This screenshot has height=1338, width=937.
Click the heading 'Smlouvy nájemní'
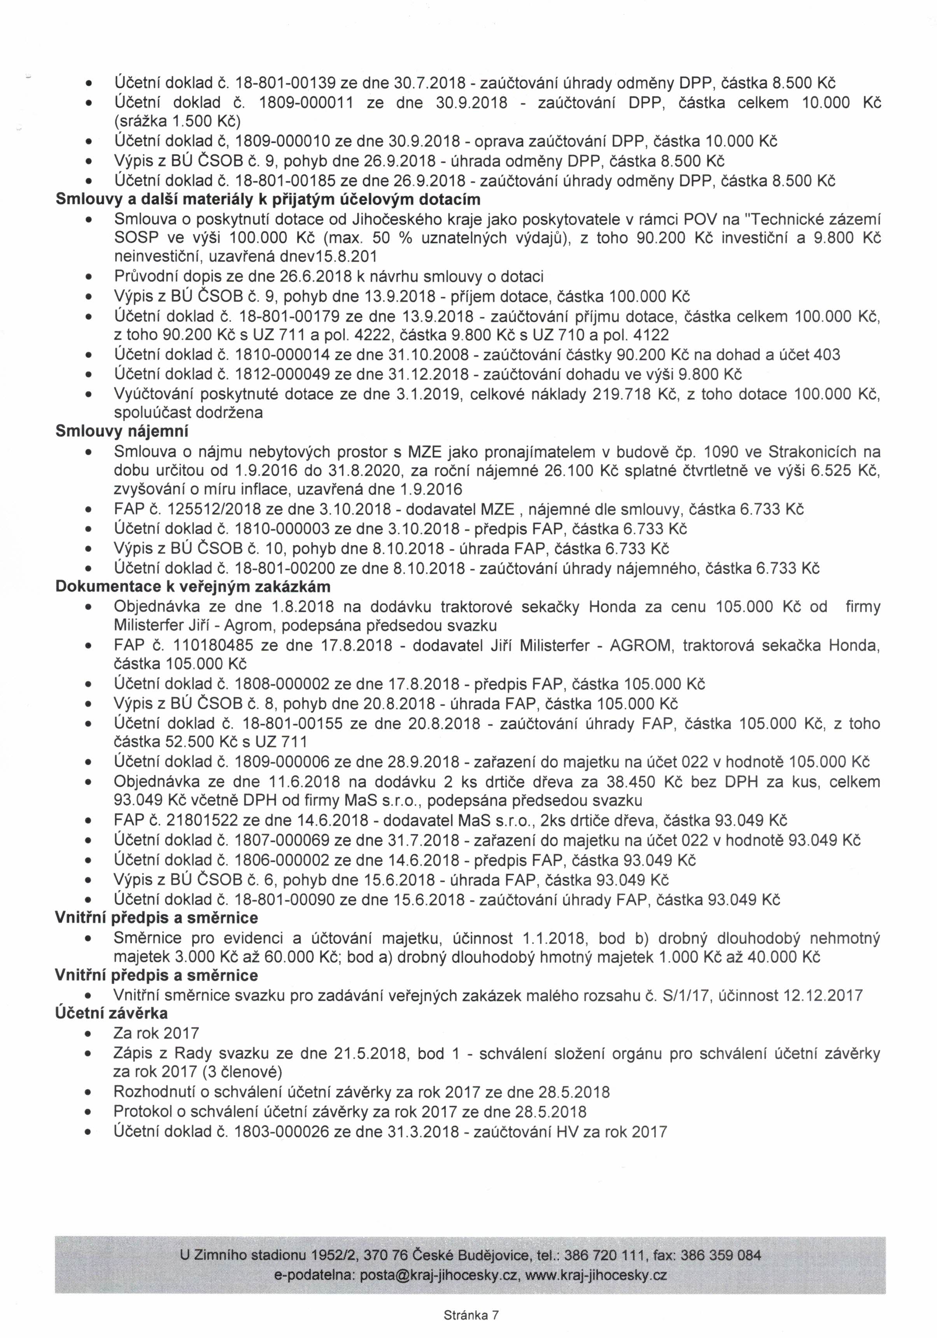(122, 431)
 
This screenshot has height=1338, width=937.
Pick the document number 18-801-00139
(284, 83)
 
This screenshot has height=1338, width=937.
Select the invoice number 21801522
(203, 821)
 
